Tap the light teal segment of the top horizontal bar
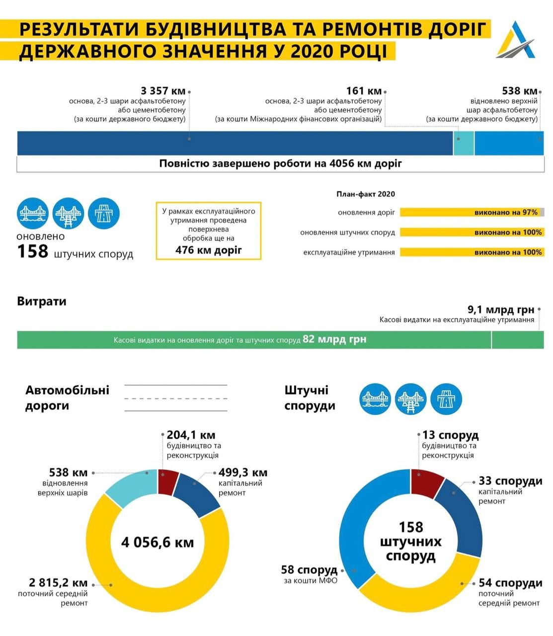pos(464,144)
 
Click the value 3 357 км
pos(163,91)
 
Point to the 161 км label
pos(364,91)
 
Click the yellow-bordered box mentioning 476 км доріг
pos(208,231)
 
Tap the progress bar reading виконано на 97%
pos(472,212)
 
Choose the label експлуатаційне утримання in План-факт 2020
pos(349,252)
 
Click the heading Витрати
pos(42,301)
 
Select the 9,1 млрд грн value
pos(500,310)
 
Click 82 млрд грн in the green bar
pos(334,340)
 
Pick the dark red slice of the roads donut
pos(168,481)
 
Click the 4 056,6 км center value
pos(158,541)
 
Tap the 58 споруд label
pos(309,569)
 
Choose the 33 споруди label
pos(510,481)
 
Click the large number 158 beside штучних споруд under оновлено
pos(33,251)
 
